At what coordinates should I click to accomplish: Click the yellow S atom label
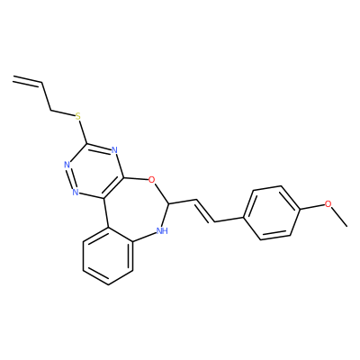[78, 116]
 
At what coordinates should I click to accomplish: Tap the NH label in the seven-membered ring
[162, 230]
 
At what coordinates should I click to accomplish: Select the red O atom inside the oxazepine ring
[152, 180]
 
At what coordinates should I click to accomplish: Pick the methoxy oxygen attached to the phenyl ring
[328, 204]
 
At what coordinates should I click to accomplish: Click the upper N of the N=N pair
[67, 165]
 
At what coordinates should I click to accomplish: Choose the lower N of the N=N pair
[75, 191]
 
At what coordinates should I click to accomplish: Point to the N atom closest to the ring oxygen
[114, 150]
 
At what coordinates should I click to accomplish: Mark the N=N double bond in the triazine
[70, 177]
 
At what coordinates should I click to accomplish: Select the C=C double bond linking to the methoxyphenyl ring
[205, 211]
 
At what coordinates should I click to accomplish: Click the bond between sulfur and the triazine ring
[83, 131]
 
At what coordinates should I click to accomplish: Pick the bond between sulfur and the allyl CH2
[63, 113]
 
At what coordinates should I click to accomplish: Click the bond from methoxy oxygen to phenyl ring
[312, 207]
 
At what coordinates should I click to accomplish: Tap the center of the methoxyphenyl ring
[273, 213]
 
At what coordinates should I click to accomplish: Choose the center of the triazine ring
[95, 171]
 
